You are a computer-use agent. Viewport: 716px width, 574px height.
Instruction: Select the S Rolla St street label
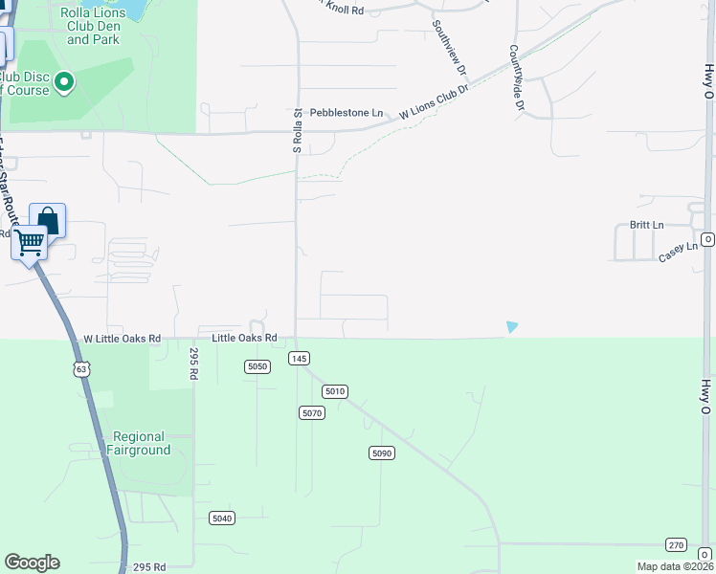tap(298, 131)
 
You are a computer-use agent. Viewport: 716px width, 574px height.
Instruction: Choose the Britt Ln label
tap(646, 225)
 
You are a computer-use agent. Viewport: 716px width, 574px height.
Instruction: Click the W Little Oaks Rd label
tap(123, 339)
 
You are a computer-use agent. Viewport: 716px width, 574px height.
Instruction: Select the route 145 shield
tap(299, 358)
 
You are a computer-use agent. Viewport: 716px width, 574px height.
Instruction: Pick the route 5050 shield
tap(257, 366)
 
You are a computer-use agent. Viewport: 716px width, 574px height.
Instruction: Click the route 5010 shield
tap(334, 391)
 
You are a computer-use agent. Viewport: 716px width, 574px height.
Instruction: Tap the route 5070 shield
tap(312, 413)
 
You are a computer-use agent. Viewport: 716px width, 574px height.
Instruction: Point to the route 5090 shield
tap(381, 453)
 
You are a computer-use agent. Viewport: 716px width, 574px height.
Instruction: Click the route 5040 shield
tap(222, 518)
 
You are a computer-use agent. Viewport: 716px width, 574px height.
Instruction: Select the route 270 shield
tap(677, 544)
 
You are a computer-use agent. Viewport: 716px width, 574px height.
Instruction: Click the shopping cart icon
tap(29, 243)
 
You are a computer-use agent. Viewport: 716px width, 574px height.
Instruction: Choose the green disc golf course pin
tap(64, 82)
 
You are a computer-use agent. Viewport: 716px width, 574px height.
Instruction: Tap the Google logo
tap(32, 563)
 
